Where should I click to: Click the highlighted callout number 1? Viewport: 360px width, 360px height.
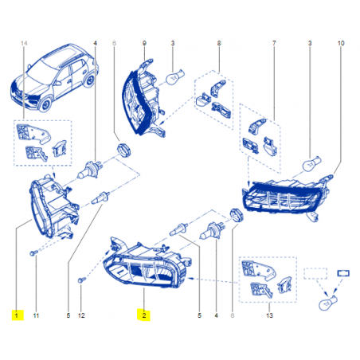click(17, 315)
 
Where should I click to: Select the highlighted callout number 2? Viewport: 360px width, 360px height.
click(144, 315)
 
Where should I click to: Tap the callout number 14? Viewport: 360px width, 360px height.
click(24, 43)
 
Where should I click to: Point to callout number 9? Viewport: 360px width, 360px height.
click(144, 43)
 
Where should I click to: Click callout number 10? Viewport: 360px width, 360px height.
click(341, 43)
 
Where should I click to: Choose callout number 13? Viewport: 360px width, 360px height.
click(269, 315)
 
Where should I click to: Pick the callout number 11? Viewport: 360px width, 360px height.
click(36, 315)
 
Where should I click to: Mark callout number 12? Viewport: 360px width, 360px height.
click(81, 315)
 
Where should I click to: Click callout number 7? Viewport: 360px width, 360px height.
click(274, 43)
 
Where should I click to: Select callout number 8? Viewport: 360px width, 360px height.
click(219, 43)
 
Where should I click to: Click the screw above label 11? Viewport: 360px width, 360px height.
click(33, 253)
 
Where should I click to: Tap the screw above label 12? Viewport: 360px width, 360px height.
click(81, 280)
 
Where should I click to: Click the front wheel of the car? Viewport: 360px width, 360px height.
click(45, 104)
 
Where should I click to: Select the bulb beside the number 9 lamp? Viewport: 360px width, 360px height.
click(174, 76)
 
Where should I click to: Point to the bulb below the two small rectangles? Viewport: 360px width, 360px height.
click(328, 303)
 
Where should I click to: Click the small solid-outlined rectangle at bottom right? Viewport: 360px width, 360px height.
click(343, 273)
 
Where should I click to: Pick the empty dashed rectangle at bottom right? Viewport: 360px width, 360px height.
click(315, 273)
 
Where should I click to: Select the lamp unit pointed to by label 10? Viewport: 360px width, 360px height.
click(287, 197)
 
